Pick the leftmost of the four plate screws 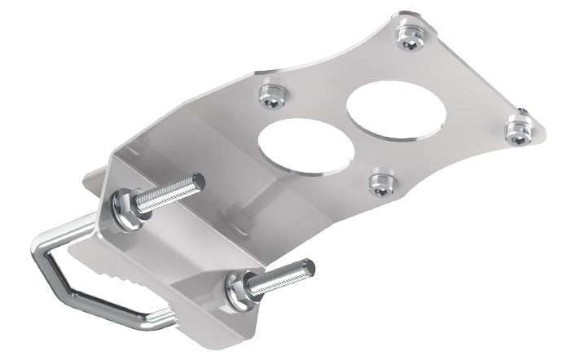271,97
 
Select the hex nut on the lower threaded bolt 238,291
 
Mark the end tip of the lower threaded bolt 306,267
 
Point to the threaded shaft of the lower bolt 277,279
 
